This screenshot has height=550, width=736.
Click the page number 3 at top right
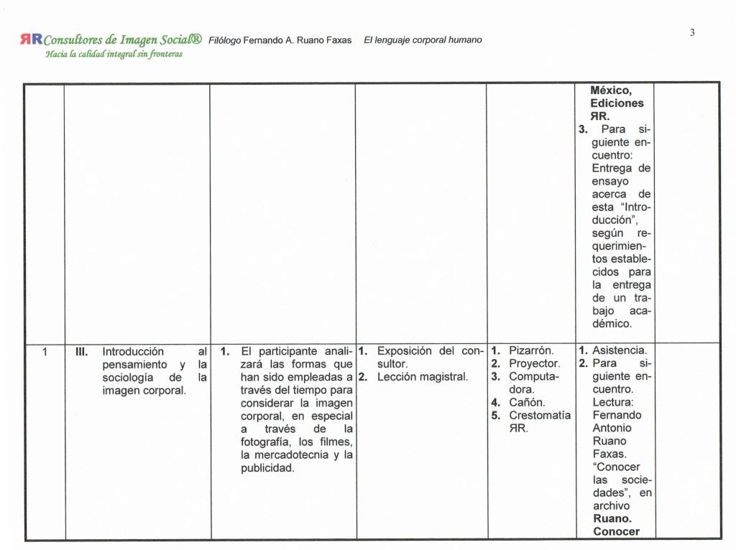pos(692,32)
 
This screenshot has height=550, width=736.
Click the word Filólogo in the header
pos(224,40)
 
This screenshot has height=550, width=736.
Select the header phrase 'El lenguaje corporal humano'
pos(423,40)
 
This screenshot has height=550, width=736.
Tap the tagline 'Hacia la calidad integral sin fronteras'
pos(114,54)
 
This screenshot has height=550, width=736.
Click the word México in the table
pos(610,90)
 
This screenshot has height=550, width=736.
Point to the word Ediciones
pos(617,103)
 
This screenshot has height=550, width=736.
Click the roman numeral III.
pos(81,352)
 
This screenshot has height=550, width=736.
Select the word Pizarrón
pos(531,351)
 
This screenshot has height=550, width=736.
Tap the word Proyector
pos(534,364)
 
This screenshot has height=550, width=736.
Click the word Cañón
pos(527,402)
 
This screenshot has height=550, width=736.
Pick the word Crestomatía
pos(540,415)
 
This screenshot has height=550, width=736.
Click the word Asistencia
pos(620,351)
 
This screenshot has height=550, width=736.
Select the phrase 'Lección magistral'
pos(423,376)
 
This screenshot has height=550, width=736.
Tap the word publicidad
pos(267,468)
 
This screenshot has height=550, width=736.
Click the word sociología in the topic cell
pos(128,377)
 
